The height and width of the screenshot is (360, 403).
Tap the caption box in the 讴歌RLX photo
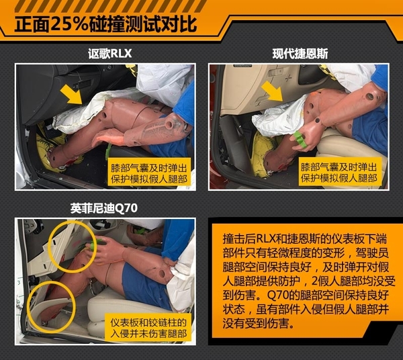tap(149, 171)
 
